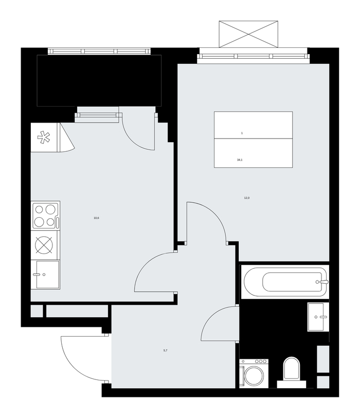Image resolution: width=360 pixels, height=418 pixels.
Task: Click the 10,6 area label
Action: coord(96,218)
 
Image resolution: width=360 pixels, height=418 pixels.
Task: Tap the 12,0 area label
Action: coord(247,198)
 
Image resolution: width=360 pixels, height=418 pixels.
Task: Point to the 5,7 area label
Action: coord(166,350)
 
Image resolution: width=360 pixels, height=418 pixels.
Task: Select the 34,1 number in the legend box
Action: coord(240,160)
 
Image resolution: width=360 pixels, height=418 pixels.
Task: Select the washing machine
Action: coord(254,374)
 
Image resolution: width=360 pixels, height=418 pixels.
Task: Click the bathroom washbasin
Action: coord(318,317)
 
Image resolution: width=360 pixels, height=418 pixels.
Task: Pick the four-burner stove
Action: coord(45,216)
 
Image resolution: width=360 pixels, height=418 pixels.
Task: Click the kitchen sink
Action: coord(46,274)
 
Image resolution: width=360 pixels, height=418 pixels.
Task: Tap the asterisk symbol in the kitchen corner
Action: coord(44,137)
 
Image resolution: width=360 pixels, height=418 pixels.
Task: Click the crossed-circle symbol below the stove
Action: coord(44,245)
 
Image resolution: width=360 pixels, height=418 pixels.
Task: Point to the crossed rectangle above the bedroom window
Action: coord(248,34)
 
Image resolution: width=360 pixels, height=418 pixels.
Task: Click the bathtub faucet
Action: coord(323,282)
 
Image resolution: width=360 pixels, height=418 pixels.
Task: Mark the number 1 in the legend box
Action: coord(242,133)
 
